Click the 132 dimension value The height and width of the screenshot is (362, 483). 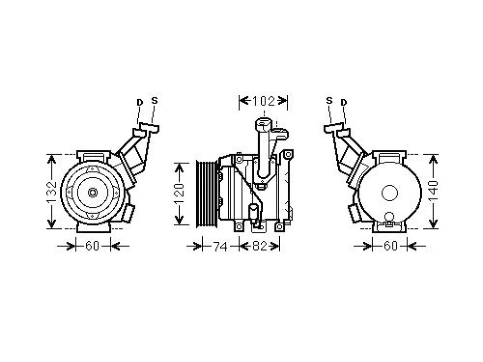[x=52, y=192]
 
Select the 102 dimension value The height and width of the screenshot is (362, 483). [x=263, y=101]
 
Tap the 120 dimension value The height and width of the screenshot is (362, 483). [x=179, y=194]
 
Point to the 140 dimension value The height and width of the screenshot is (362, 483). [x=433, y=191]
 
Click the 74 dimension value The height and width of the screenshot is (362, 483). [x=220, y=247]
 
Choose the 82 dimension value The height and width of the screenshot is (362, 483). [x=259, y=246]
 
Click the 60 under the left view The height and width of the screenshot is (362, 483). [x=92, y=246]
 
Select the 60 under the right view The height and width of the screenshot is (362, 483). [x=391, y=246]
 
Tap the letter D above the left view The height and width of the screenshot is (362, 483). [x=140, y=102]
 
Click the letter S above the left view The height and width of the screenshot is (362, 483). [x=154, y=100]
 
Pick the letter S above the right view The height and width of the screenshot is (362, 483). [x=329, y=100]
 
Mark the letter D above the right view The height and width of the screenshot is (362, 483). [x=344, y=102]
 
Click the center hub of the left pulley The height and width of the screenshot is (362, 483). [x=92, y=193]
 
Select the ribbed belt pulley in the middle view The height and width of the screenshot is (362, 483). [x=207, y=194]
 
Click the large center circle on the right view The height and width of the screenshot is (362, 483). [x=390, y=193]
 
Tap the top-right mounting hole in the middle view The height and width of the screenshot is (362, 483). [x=288, y=154]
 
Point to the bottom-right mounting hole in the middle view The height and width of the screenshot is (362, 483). [x=279, y=227]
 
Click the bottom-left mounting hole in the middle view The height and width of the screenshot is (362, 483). [x=239, y=227]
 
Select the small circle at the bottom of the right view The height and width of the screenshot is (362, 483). [x=389, y=217]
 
